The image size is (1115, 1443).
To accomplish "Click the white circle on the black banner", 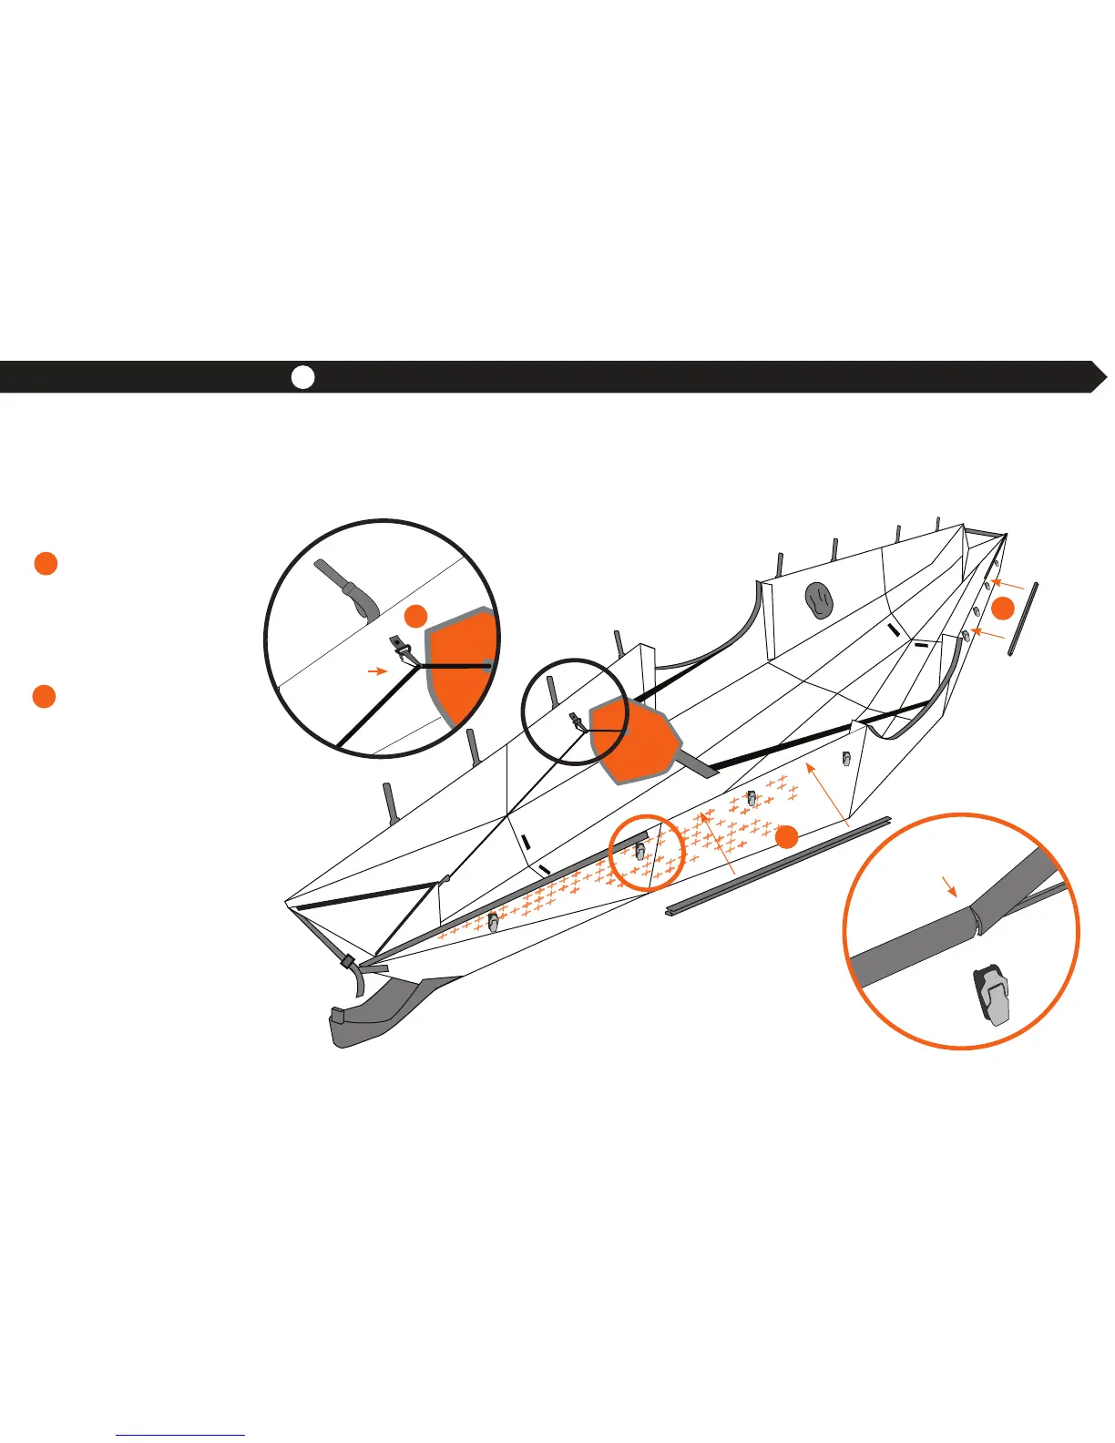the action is (303, 377).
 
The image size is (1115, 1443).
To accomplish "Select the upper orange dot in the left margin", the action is (46, 563).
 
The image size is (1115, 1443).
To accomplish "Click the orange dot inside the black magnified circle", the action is (415, 616).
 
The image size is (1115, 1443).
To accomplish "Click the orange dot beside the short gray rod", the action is (1002, 609).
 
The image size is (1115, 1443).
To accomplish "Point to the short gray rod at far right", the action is (1023, 619).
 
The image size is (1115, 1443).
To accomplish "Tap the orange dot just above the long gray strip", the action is (789, 835).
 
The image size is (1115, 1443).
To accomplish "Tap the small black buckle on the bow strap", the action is (347, 960).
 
